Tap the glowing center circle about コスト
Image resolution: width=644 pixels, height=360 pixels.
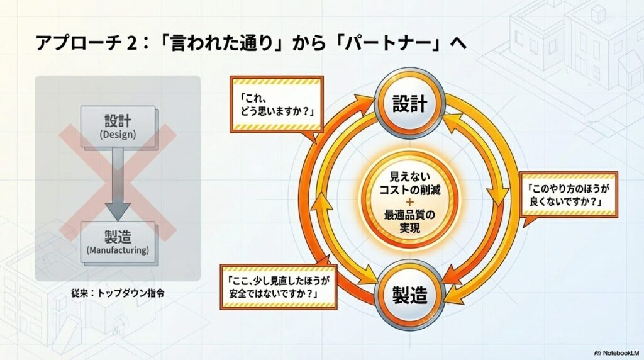coord(409,200)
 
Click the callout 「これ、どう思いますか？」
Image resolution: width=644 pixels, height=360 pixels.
coord(277,104)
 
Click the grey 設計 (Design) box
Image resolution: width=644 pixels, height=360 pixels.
coord(118,126)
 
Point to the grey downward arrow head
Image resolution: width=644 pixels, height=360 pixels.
coord(118,210)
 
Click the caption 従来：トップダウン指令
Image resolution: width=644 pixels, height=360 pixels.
coord(118,293)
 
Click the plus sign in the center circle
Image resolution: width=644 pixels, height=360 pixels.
coord(409,202)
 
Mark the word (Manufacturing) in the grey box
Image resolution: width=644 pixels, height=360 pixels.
coord(118,250)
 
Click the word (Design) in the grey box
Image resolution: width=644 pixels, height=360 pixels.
coord(118,135)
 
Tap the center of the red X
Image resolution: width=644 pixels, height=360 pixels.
coord(118,183)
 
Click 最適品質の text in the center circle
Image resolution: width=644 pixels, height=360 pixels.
coord(409,215)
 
